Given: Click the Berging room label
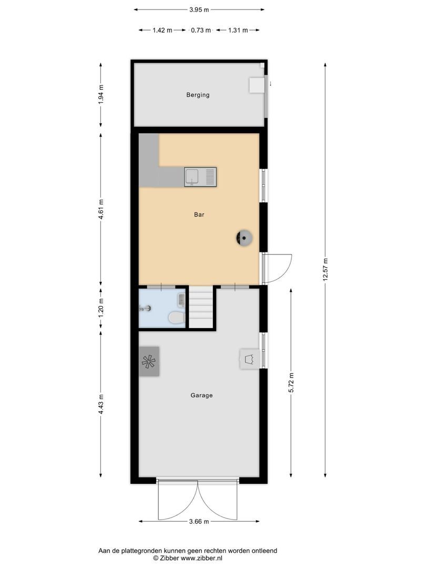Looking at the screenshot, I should click(x=198, y=95).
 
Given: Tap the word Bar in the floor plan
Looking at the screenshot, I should click(x=199, y=215).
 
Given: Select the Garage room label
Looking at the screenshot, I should click(x=202, y=395).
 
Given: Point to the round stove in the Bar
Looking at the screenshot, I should click(x=244, y=238).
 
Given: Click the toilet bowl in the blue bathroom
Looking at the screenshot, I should click(x=175, y=318).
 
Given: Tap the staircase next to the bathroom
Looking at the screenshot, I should click(x=201, y=308).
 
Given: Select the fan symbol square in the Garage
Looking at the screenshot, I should click(x=149, y=361).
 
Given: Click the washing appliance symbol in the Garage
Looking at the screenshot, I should click(x=249, y=359).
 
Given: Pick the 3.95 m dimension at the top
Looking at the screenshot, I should click(x=199, y=9).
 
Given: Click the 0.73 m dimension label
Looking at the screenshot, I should click(x=200, y=30).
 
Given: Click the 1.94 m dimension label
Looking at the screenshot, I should click(x=101, y=95).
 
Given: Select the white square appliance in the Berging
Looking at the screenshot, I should click(x=256, y=85).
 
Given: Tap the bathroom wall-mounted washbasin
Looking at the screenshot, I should click(x=181, y=300).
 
